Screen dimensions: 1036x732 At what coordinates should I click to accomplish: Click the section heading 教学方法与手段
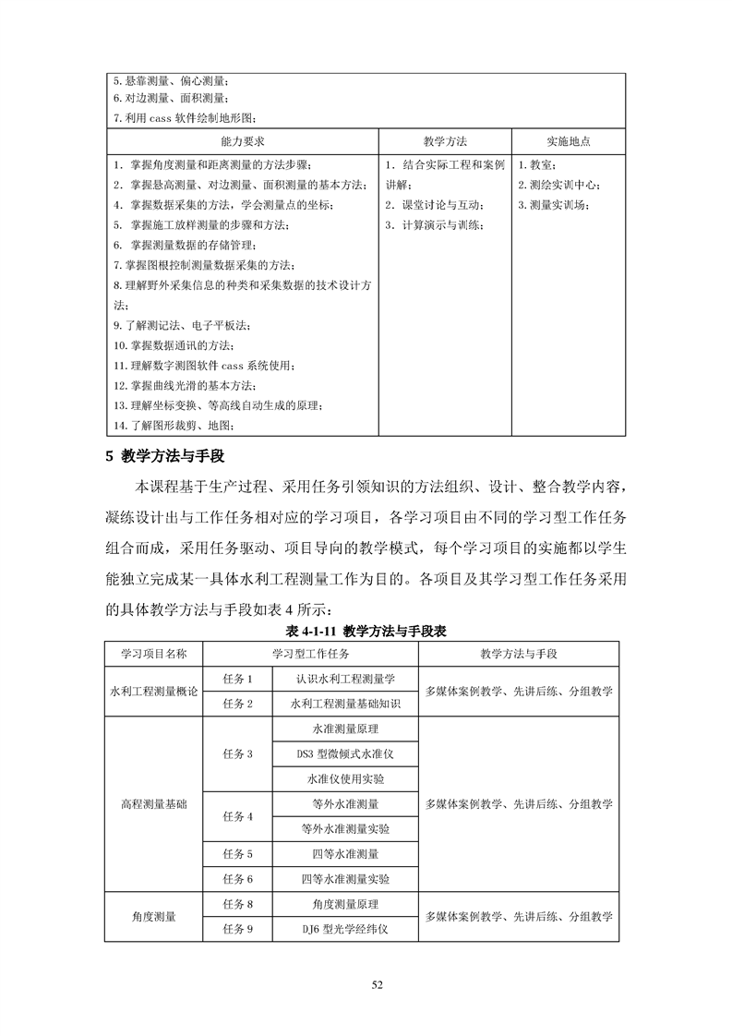pos(172,455)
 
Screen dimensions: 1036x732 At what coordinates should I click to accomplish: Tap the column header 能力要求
pos(243,141)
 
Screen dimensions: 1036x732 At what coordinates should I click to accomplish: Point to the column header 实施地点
pos(569,141)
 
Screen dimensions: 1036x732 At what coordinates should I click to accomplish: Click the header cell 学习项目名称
pos(153,654)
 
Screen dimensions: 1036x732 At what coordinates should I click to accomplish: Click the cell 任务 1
pos(237,679)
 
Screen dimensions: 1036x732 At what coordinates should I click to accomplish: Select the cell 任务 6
pos(237,879)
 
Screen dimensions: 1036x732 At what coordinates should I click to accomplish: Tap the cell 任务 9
pos(237,929)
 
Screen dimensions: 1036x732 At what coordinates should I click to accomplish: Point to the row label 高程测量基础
pos(153,804)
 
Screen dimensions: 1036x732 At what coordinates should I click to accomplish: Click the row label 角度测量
pos(153,917)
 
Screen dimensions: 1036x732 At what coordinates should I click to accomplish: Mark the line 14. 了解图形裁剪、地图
pos(174,425)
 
